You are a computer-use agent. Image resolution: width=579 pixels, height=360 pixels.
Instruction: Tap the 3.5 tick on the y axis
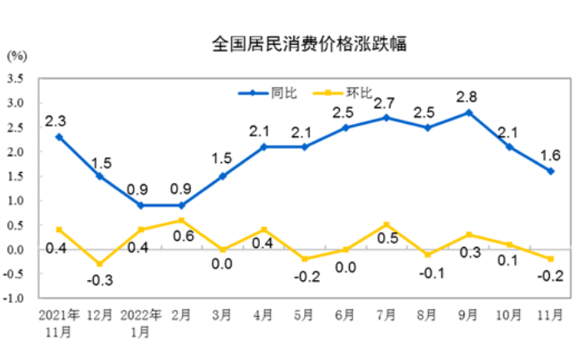pyautogui.click(x=16, y=79)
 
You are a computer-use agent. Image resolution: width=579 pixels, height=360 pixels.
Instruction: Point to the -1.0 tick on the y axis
pyautogui.click(x=14, y=298)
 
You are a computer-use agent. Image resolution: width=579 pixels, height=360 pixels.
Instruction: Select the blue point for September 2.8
pyautogui.click(x=469, y=112)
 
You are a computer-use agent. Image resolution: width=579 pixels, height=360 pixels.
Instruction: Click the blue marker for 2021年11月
pyautogui.click(x=58, y=136)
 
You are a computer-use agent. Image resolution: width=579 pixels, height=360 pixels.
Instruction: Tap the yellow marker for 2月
pyautogui.click(x=182, y=220)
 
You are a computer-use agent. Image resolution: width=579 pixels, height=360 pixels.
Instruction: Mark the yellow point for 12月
pyautogui.click(x=100, y=264)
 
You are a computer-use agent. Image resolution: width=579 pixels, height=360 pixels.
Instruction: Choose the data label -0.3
pyautogui.click(x=100, y=281)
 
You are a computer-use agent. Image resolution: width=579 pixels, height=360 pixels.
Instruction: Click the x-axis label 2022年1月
pyautogui.click(x=140, y=323)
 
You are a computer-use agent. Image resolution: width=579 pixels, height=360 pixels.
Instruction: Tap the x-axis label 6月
pyautogui.click(x=345, y=316)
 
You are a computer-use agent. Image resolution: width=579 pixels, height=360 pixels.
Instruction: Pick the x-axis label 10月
pyautogui.click(x=508, y=316)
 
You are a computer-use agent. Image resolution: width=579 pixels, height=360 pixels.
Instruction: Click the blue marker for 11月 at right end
pyautogui.click(x=550, y=171)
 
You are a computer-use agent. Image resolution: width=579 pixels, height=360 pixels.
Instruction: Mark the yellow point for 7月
pyautogui.click(x=386, y=224)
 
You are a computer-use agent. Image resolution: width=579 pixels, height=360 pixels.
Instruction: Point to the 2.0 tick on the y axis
pyautogui.click(x=16, y=152)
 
